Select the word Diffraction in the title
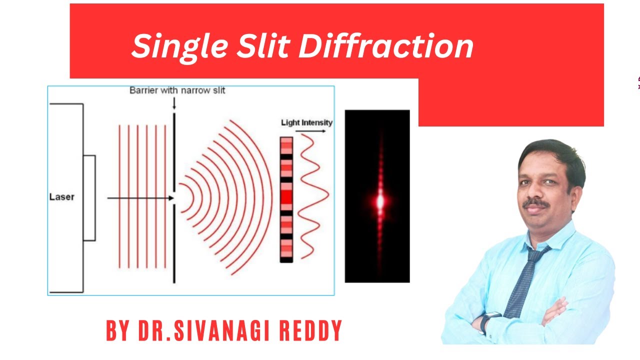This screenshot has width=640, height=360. pos(385,46)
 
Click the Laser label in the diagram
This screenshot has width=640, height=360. pos(61,196)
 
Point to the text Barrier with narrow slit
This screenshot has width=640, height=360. pos(177,90)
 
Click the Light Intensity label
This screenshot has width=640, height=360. pos(306,122)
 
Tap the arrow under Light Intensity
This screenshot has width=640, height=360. pos(310,131)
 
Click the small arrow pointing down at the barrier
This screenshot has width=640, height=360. pos(174,103)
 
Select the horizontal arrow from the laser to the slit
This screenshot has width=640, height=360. pos(140,198)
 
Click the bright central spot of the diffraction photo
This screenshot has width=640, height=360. pos(379,201)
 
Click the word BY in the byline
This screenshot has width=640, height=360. pos(118,330)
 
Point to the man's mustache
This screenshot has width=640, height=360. pos(535,203)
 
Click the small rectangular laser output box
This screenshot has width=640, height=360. pos(89,198)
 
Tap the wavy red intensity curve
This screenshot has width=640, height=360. pos(313,195)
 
